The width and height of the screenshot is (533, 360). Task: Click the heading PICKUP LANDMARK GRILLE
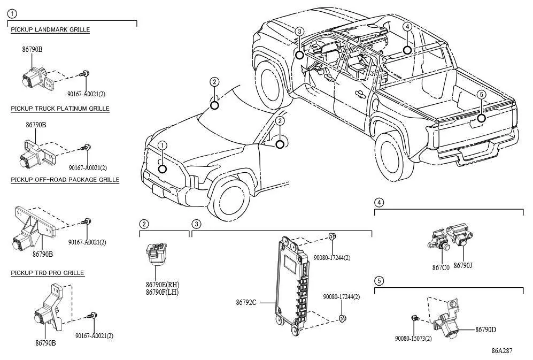[x=50, y=30]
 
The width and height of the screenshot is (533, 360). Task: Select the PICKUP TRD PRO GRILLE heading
[x=48, y=273]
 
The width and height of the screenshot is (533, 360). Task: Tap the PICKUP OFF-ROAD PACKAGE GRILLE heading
[x=65, y=180]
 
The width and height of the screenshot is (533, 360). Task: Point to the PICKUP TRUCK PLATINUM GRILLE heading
[x=60, y=109]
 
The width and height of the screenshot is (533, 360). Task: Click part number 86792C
[x=246, y=302]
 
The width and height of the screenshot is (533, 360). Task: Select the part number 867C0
[x=441, y=267]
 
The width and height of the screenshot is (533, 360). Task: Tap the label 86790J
[x=463, y=265]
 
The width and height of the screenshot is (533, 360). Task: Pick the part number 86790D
[x=485, y=330]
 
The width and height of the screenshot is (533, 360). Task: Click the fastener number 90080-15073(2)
[x=413, y=339]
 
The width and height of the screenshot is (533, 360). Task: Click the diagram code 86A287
[x=501, y=351]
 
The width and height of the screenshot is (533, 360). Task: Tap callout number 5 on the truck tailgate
[x=481, y=94]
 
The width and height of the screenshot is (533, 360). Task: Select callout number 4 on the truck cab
[x=407, y=27]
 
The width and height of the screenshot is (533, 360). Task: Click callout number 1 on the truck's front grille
[x=163, y=145]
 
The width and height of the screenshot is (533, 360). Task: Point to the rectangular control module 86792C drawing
[x=294, y=286]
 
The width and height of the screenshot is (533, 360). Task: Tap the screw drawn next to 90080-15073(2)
[x=415, y=318]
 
